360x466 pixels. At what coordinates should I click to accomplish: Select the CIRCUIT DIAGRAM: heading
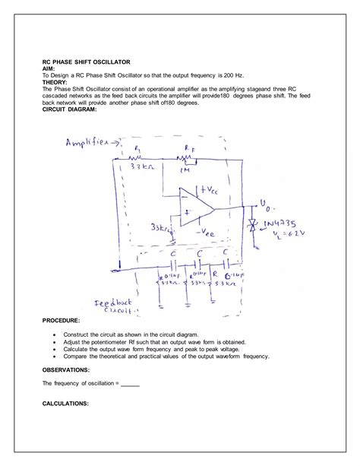point(70,109)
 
